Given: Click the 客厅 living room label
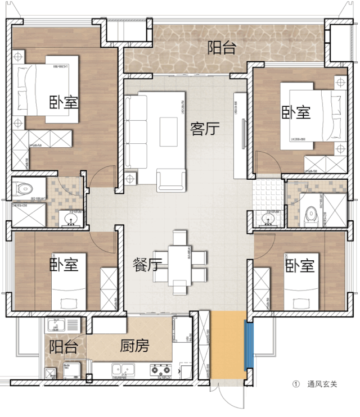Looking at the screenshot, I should click(x=204, y=129).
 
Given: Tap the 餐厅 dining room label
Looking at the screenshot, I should click(x=148, y=264).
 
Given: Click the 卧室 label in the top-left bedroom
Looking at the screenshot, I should click(x=64, y=102).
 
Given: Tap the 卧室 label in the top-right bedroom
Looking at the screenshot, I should click(x=296, y=112).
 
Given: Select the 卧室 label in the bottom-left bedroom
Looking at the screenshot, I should click(x=64, y=264).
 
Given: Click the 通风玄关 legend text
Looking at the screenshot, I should click(x=322, y=385).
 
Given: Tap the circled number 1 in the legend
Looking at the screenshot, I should click(x=295, y=385).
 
